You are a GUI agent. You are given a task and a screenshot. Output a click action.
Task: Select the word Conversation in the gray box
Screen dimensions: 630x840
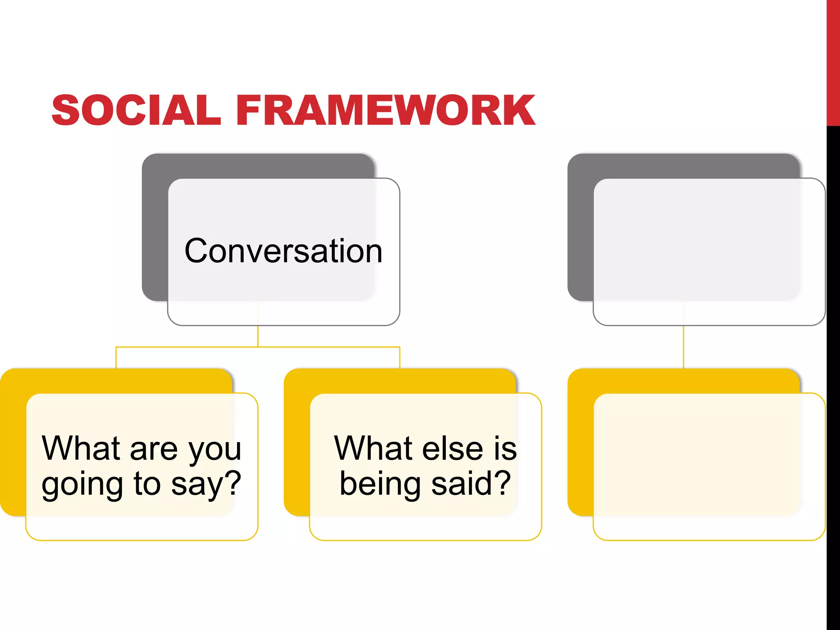(x=283, y=251)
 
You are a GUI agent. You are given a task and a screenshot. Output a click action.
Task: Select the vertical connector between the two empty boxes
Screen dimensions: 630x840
(x=683, y=347)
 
